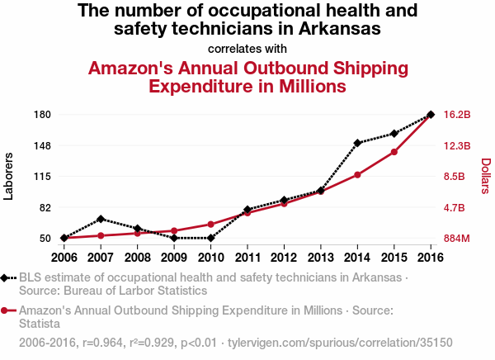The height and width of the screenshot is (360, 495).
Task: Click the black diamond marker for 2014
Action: (x=357, y=143)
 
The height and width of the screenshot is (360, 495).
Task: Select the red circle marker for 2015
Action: (x=394, y=152)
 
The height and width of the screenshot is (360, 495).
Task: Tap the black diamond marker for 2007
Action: (x=101, y=219)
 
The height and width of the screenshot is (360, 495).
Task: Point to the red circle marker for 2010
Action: (x=211, y=225)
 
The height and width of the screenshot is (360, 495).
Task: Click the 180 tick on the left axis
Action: (x=43, y=115)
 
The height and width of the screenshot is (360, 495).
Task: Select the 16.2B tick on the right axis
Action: (x=457, y=115)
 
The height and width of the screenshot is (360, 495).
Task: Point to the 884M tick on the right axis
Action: (x=457, y=239)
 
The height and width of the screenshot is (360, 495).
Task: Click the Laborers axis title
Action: (x=9, y=176)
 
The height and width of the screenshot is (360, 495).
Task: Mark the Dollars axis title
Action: (x=486, y=176)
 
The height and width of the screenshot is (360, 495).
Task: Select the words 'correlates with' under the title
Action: (x=247, y=47)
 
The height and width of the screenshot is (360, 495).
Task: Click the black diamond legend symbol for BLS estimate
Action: (x=7, y=277)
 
